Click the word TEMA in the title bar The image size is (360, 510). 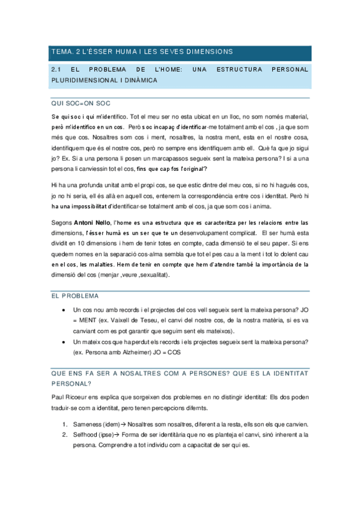point(61,52)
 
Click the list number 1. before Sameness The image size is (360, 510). point(65,423)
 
